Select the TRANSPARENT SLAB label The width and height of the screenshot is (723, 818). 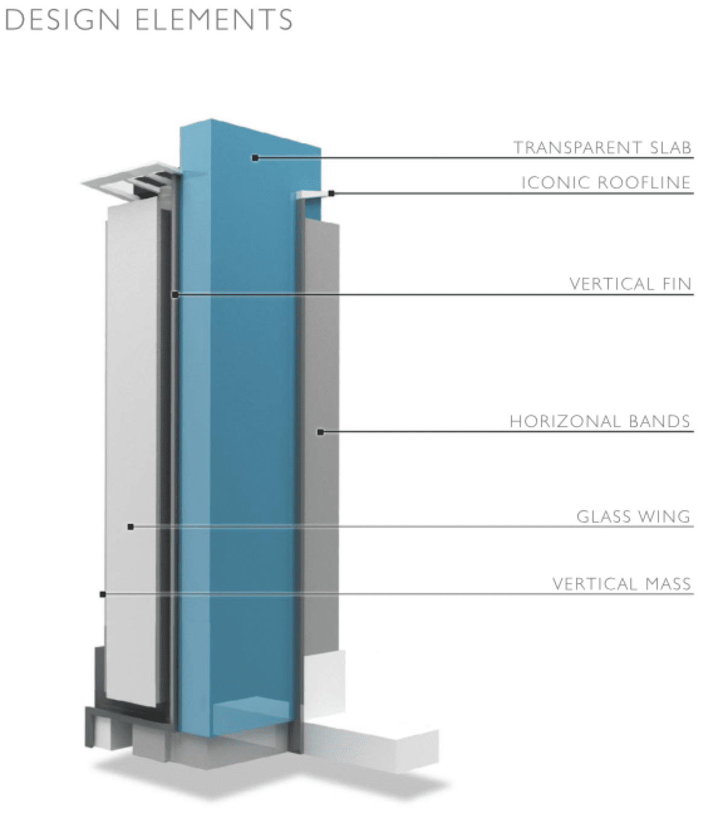click(x=602, y=148)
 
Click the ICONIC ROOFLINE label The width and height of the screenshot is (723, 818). click(x=606, y=183)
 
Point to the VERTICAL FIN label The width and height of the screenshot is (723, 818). click(x=629, y=284)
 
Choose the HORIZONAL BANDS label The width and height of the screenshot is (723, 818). click(x=599, y=421)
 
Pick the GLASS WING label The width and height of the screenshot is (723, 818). click(x=633, y=517)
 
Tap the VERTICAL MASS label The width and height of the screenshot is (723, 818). click(x=621, y=584)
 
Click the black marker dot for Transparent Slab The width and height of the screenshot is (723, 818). click(x=255, y=157)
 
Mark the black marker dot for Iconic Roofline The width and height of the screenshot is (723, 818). click(x=331, y=193)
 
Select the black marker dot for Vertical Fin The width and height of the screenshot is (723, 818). click(x=175, y=294)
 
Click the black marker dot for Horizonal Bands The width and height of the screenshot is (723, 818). click(x=319, y=432)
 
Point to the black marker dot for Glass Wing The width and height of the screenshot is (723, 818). click(x=130, y=526)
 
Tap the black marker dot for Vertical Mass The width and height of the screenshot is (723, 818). click(x=103, y=594)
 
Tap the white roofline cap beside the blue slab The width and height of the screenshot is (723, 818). click(x=311, y=196)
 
